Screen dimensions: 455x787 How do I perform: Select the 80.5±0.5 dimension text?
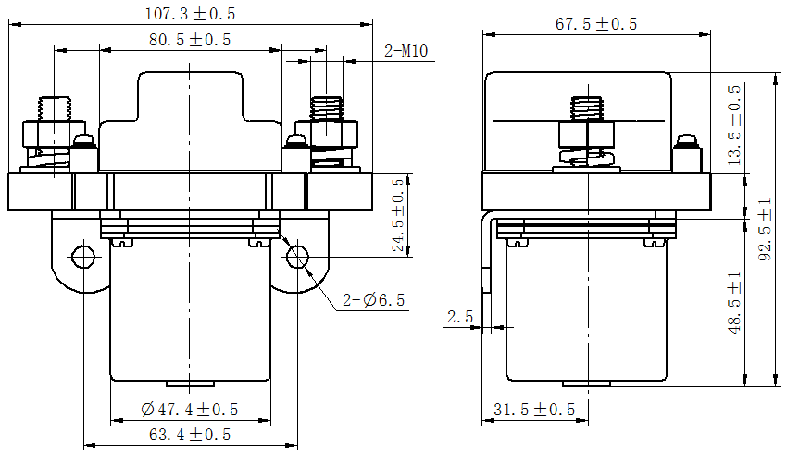tap(189, 39)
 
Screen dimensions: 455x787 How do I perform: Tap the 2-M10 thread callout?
tap(405, 51)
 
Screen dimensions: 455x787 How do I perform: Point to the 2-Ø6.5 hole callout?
tap(373, 300)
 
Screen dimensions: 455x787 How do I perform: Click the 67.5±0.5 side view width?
tap(595, 25)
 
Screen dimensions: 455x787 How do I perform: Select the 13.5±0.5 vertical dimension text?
tap(734, 125)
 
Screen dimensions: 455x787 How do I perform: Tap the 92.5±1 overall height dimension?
tap(765, 230)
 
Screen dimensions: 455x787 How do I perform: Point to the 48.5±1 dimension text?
tap(734, 303)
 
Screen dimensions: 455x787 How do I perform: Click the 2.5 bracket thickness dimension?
tap(459, 317)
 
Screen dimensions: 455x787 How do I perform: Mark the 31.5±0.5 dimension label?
tap(533, 410)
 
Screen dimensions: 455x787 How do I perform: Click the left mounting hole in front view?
tap(83, 256)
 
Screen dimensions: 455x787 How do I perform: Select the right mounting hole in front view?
tap(298, 256)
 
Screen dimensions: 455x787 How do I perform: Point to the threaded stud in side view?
tap(585, 107)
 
